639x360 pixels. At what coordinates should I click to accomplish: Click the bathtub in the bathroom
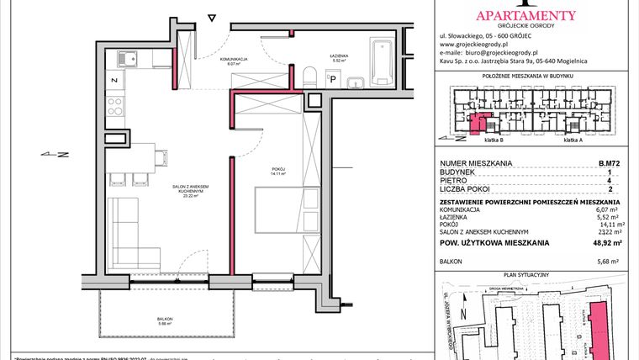[384, 53]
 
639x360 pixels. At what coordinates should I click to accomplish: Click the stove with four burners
[115, 108]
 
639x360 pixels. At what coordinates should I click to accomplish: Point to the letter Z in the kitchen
[114, 81]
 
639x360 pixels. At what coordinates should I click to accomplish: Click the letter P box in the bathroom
[332, 80]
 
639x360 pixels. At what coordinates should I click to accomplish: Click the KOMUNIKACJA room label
[233, 60]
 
